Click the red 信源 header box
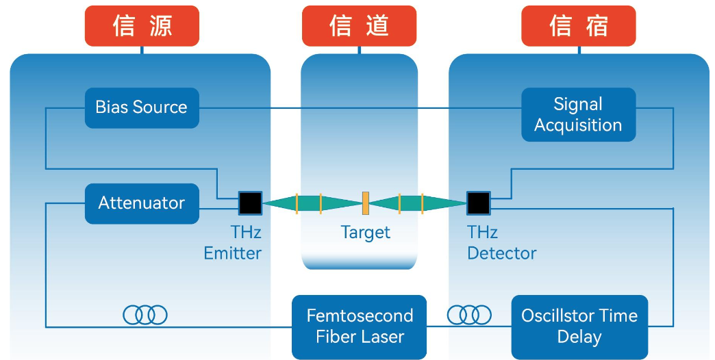(x=142, y=26)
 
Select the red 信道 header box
(x=359, y=26)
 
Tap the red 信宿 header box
(x=578, y=26)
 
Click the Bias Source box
(x=142, y=107)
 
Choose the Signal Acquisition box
(x=578, y=114)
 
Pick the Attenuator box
(x=142, y=203)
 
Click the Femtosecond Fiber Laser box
(x=359, y=326)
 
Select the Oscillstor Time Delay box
(x=579, y=326)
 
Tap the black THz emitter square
(x=250, y=203)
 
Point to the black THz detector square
(x=478, y=203)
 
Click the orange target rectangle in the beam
(x=366, y=203)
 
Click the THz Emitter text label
(x=233, y=243)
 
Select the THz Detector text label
(x=501, y=243)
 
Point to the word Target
(x=366, y=233)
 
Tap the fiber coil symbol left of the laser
(x=145, y=314)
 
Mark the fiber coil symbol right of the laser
(x=469, y=314)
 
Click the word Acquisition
(x=578, y=125)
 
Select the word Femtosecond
(x=360, y=316)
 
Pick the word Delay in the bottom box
(x=579, y=337)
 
